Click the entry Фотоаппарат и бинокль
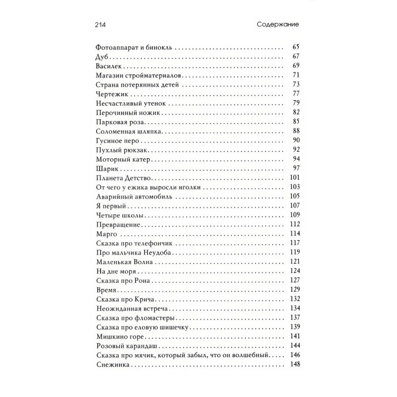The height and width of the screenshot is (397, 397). click(133, 48)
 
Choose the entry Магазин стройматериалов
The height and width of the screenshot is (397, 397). click(139, 75)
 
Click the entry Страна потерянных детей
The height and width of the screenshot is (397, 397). click(135, 85)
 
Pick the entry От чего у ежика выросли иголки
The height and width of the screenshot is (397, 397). click(148, 188)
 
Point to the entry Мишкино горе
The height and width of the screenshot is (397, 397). click(118, 337)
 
